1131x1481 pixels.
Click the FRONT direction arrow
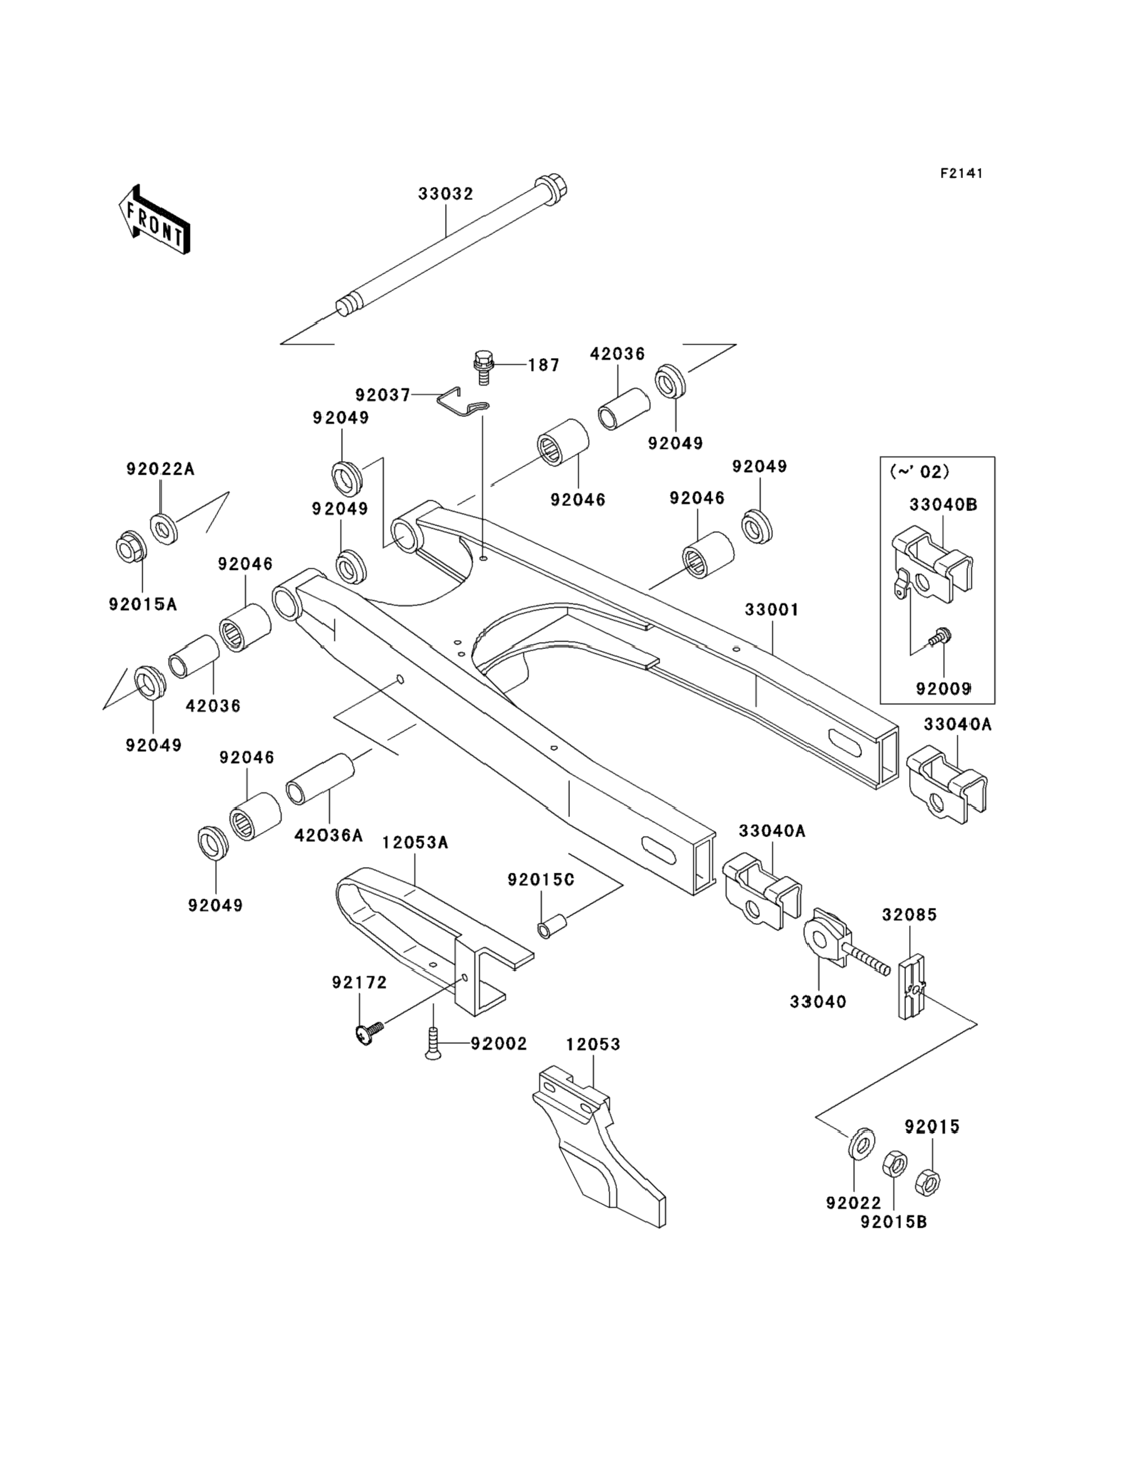point(154,220)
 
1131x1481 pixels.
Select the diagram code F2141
point(961,174)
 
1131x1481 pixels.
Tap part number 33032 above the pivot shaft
point(446,194)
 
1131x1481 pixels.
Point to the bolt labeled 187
point(482,366)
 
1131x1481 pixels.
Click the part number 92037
point(382,394)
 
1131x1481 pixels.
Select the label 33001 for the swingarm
point(772,610)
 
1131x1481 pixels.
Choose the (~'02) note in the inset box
point(920,472)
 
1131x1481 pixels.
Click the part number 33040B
point(943,504)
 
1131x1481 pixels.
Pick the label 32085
point(910,915)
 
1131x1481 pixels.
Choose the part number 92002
point(499,1043)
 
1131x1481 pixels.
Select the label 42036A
point(329,835)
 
